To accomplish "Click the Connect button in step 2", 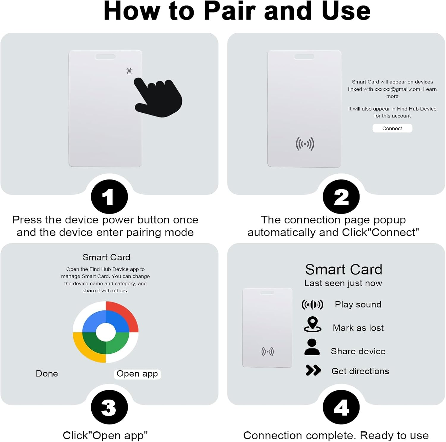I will pyautogui.click(x=392, y=128).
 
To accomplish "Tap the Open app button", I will pyautogui.click(x=137, y=374).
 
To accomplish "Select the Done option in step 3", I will pyautogui.click(x=47, y=373).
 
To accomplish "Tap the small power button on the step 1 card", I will pyautogui.click(x=129, y=71).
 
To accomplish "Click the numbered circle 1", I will pyautogui.click(x=109, y=197).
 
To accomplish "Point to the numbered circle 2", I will pyautogui.click(x=341, y=197).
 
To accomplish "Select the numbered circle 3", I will pyautogui.click(x=109, y=407).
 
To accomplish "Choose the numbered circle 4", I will pyautogui.click(x=341, y=407).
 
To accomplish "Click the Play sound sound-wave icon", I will pyautogui.click(x=312, y=304).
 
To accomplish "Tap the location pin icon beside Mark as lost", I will pyautogui.click(x=312, y=324).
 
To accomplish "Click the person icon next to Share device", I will pyautogui.click(x=312, y=347).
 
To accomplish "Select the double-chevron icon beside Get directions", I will pyautogui.click(x=313, y=370).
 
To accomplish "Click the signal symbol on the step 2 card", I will pyautogui.click(x=305, y=144).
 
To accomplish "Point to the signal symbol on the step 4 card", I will pyautogui.click(x=267, y=352).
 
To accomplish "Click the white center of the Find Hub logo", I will pyautogui.click(x=106, y=332).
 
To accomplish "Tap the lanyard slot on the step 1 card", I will pyautogui.click(x=105, y=56).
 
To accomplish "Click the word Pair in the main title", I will pyautogui.click(x=230, y=11).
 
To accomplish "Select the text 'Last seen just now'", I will pyautogui.click(x=343, y=283).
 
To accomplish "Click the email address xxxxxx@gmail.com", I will pyautogui.click(x=397, y=89).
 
